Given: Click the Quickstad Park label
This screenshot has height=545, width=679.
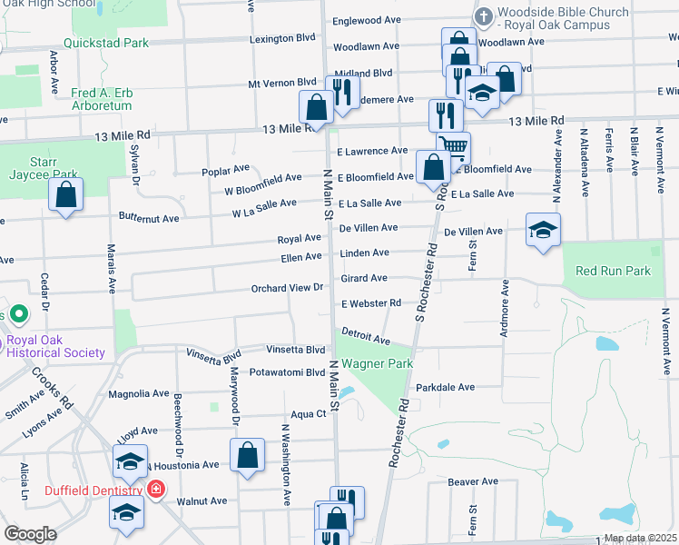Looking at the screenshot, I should (106, 43).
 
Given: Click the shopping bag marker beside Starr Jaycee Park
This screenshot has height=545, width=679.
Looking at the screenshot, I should (66, 193).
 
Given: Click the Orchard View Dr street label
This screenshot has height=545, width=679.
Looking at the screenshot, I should (288, 288).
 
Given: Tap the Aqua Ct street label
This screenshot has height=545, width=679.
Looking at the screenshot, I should (308, 413).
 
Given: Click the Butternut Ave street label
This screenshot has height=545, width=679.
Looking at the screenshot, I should (149, 218).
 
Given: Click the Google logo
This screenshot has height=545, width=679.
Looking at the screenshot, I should (31, 533).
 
